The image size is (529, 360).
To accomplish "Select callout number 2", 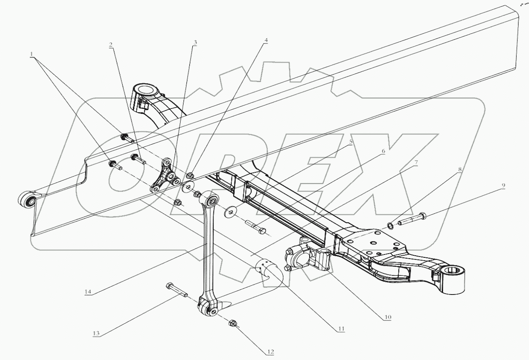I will click(x=111, y=45).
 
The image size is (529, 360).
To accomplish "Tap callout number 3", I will click(x=195, y=43).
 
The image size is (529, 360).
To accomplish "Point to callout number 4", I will click(x=265, y=40).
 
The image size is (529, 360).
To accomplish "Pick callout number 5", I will click(x=350, y=142).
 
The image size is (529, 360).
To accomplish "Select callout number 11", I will click(x=341, y=329).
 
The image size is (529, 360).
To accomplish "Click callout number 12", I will click(x=270, y=352).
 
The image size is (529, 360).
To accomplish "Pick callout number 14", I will click(x=88, y=292).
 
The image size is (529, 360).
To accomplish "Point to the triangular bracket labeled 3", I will click(x=164, y=178).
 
